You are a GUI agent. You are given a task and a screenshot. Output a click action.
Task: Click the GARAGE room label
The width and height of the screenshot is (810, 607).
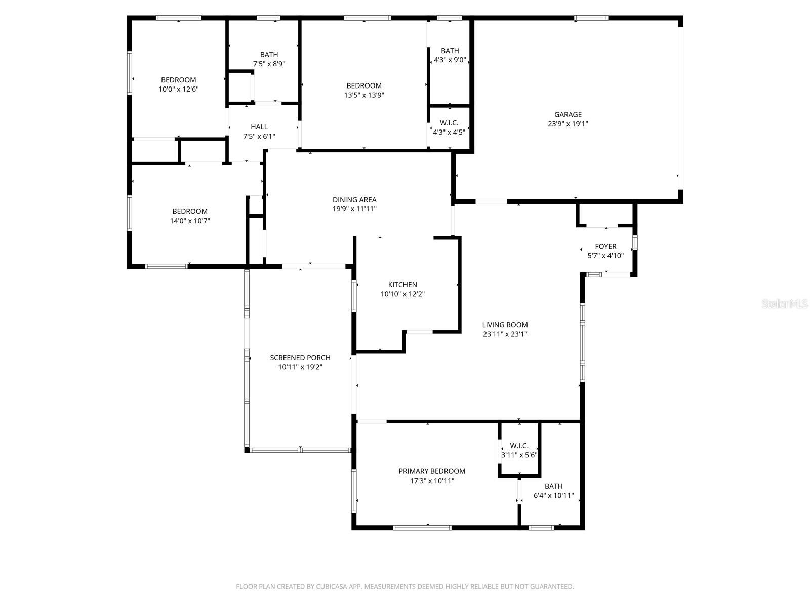(x=568, y=115)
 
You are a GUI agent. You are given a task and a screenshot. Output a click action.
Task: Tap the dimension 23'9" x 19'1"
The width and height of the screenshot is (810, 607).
(x=568, y=124)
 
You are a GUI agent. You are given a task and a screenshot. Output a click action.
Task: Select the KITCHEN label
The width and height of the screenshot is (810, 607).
(x=402, y=285)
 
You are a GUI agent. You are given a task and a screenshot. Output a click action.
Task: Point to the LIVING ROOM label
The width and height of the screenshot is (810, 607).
(x=505, y=325)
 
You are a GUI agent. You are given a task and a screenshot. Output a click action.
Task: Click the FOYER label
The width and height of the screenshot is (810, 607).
(x=605, y=246)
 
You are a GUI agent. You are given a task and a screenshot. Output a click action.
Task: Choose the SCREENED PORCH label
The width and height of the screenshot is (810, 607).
(x=300, y=358)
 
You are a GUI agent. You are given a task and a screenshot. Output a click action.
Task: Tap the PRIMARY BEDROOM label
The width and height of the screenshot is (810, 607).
(x=432, y=471)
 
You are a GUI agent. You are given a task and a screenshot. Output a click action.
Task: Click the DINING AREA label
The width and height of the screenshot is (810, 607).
(x=354, y=200)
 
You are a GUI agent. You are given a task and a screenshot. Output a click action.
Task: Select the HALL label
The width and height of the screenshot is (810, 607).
(x=259, y=127)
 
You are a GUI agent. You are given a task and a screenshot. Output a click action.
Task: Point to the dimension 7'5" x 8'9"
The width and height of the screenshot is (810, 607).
(x=269, y=64)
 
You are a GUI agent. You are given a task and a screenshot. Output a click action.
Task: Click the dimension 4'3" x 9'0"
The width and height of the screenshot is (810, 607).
(x=450, y=60)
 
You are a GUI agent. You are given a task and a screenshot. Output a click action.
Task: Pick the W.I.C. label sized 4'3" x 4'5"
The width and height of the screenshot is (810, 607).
(x=449, y=123)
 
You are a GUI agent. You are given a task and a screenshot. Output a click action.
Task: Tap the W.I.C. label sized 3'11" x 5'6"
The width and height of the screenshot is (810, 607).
(x=519, y=446)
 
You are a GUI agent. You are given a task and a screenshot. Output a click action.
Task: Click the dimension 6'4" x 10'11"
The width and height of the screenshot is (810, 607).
(x=553, y=495)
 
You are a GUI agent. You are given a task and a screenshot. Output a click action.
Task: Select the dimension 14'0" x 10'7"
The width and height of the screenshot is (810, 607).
(x=190, y=221)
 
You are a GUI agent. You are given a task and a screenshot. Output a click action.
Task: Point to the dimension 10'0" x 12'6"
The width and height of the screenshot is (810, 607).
(x=179, y=89)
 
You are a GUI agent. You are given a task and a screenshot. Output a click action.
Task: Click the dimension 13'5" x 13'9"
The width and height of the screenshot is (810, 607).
(x=364, y=95)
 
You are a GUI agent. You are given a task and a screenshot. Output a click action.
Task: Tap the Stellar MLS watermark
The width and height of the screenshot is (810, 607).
(x=785, y=303)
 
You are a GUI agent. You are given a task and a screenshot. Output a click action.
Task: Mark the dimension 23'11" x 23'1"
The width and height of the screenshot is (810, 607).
(x=505, y=334)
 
